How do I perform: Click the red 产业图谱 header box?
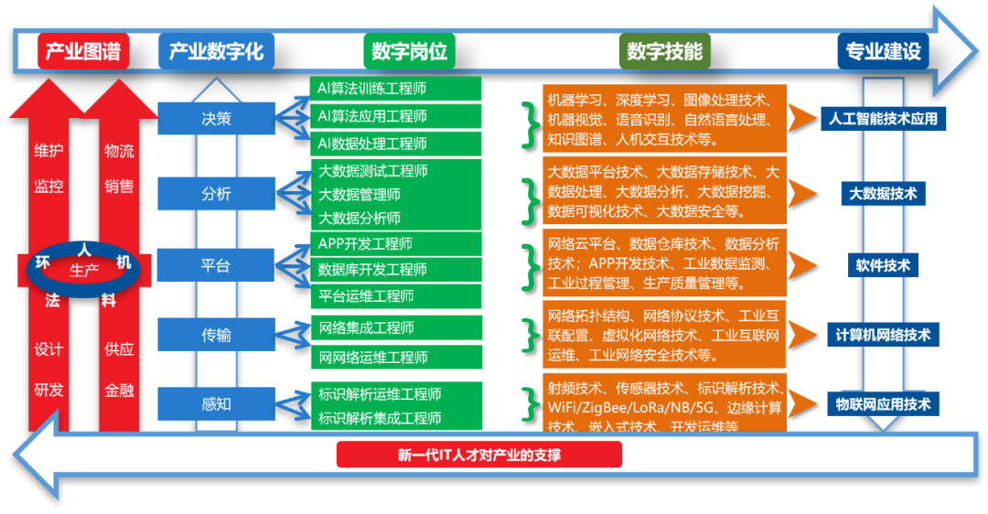83,51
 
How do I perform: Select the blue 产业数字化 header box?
216,51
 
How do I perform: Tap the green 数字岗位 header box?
410,51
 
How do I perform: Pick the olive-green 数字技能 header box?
665,51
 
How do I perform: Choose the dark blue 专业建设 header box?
883,51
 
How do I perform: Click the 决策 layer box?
216,118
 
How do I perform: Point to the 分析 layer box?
216,194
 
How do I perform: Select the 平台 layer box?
216,265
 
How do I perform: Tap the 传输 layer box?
216,335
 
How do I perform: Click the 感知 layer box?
216,403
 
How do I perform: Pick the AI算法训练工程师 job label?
372,89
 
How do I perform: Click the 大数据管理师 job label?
360,194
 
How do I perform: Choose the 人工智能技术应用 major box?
883,119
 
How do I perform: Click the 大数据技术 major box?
883,194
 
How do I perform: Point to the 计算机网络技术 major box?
883,335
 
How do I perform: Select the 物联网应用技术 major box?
883,404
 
